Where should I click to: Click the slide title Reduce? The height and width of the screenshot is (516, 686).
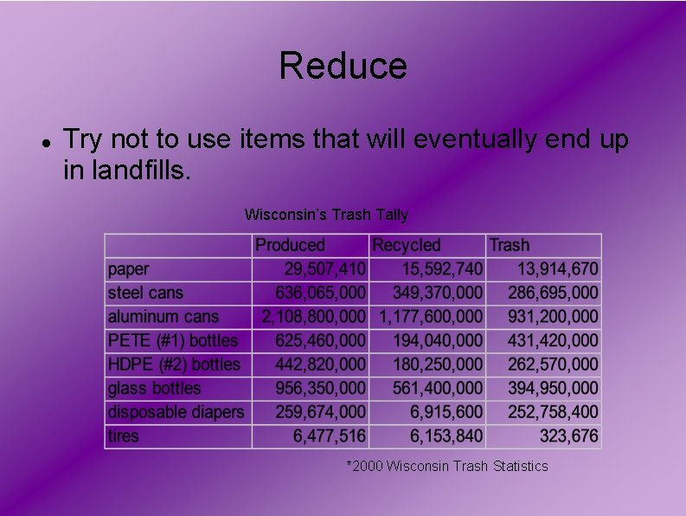pos(343,67)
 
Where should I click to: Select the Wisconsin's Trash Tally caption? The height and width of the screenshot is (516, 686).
pos(326,214)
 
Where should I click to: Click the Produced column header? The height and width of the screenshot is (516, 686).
pos(290,246)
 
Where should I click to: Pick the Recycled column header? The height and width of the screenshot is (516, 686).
pos(407,246)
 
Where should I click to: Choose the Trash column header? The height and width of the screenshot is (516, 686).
pos(510,246)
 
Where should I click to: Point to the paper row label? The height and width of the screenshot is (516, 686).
pos(128,269)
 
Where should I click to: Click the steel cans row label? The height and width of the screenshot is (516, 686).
pos(145,293)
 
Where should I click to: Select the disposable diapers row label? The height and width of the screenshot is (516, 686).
pos(176,412)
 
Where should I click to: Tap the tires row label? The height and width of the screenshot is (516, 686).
pos(123,436)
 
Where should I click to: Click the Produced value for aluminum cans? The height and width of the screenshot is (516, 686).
pos(314,317)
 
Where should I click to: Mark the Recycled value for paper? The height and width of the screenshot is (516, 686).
pos(442,269)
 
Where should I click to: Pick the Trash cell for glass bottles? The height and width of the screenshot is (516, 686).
pos(550,389)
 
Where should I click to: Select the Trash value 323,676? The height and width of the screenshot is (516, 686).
pos(568,436)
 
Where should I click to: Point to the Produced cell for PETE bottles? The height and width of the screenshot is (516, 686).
pos(320,341)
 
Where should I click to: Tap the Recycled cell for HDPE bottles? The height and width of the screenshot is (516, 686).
pos(438,364)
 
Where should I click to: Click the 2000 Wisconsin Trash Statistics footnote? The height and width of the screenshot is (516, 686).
pos(447,466)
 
